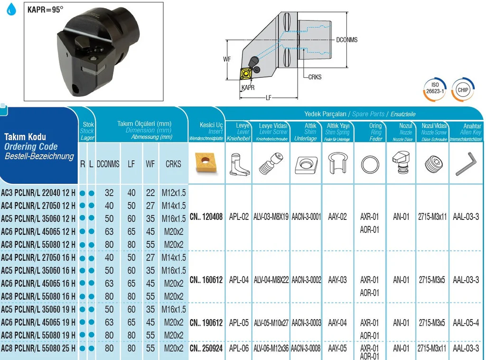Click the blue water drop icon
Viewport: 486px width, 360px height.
pos(11,9)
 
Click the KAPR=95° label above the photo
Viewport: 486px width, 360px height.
pos(45,9)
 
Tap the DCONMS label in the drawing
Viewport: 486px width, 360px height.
pos(346,40)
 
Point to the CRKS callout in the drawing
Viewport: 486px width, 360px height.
pos(315,76)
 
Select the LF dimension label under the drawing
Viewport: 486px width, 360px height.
pos(269,98)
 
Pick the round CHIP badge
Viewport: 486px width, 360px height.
pos(463,89)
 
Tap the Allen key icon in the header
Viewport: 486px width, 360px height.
pos(467,164)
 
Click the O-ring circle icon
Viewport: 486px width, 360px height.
pos(370,165)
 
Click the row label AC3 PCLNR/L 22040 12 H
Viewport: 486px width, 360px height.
pos(38,193)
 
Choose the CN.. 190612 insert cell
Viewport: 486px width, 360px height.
pos(206,323)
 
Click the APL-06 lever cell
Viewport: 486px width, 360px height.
pos(239,349)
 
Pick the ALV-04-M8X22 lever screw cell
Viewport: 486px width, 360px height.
pos(271,280)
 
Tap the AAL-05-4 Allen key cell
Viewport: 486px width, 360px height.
pos(466,323)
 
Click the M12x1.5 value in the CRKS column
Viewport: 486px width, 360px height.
pos(173,193)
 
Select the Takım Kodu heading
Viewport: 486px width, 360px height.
pos(24,137)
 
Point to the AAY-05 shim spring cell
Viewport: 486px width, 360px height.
pos(337,349)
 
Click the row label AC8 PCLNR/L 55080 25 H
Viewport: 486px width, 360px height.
pos(38,349)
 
